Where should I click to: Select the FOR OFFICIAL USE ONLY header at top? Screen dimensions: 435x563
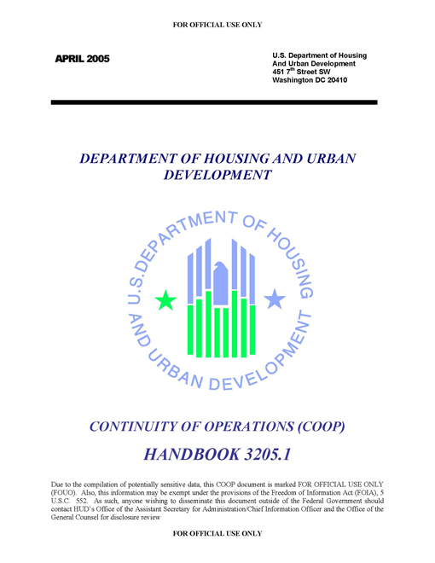pyautogui.click(x=217, y=25)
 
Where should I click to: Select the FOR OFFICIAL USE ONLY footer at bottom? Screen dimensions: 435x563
pyautogui.click(x=217, y=533)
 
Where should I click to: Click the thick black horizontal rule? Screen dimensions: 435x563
pyautogui.click(x=213, y=102)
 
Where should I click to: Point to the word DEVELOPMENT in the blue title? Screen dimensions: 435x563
pyautogui.click(x=217, y=176)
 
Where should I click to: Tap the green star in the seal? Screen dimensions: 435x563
pyautogui.click(x=166, y=299)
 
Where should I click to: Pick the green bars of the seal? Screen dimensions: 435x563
pyautogui.click(x=221, y=324)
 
